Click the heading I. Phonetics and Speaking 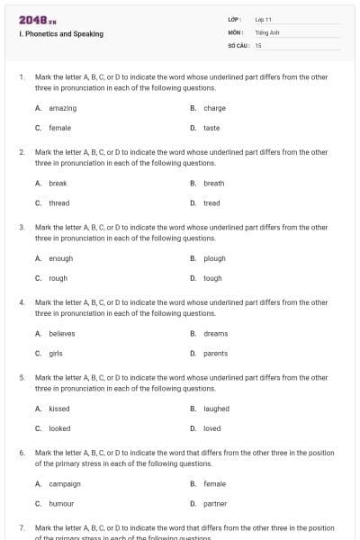coord(60,34)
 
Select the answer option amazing coord(62,108)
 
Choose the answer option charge coord(214,108)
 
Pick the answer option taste coord(211,128)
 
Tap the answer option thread coord(58,203)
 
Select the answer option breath coord(213,183)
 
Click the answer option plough coord(214,258)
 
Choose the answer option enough coord(60,258)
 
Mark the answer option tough coord(212,278)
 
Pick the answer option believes coord(61,333)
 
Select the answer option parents coord(215,354)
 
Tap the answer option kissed coord(58,409)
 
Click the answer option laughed coord(216,409)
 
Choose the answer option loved coord(211,428)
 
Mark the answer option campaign coord(64,483)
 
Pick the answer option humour coord(61,504)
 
